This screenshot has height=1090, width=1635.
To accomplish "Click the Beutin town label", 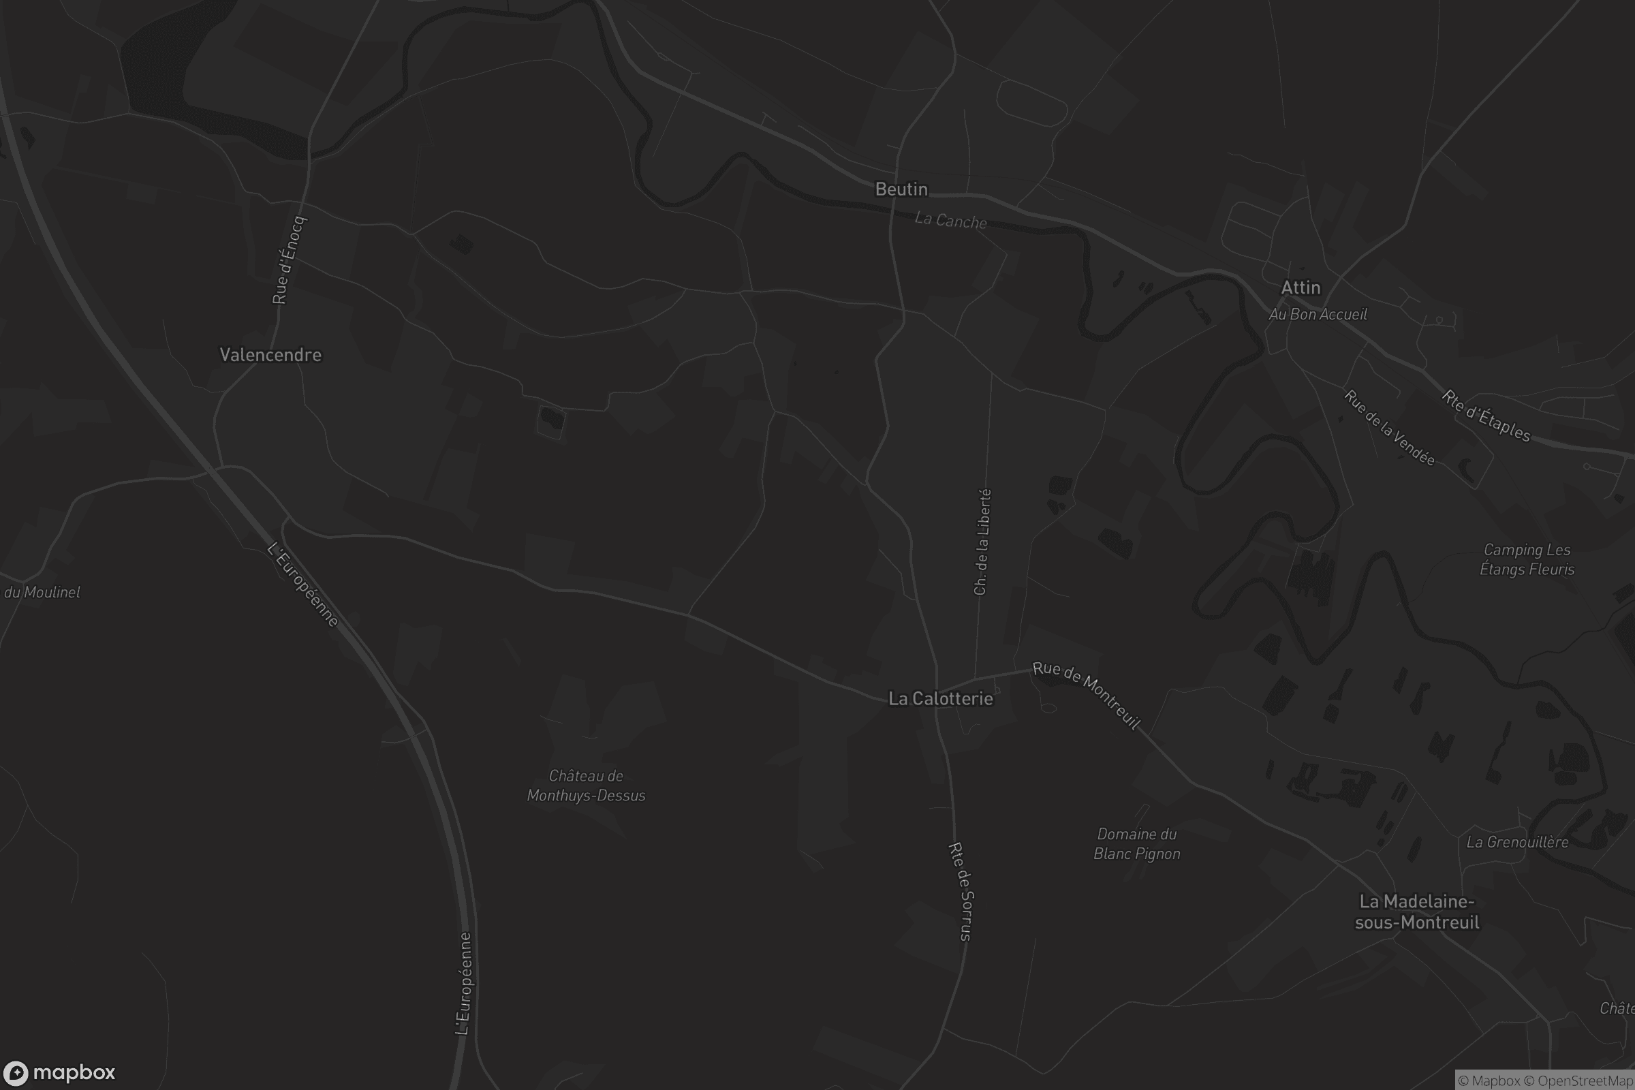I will click(901, 189).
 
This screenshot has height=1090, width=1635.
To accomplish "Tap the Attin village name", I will click(1300, 287).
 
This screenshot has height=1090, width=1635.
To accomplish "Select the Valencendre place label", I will click(270, 355).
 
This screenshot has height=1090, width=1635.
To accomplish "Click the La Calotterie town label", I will click(941, 699).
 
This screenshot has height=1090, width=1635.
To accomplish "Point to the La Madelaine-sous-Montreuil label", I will click(1417, 912).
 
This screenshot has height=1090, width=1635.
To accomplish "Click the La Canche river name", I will click(950, 220).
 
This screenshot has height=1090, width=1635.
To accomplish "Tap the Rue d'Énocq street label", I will click(288, 261).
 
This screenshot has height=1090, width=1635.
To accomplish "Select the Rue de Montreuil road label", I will click(1086, 694).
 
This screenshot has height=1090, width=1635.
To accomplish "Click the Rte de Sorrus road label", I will click(960, 891).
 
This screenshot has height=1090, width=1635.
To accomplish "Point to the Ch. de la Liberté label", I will click(982, 542).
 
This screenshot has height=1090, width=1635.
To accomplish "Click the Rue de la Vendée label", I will click(1389, 428).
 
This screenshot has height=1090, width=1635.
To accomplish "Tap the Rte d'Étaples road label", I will click(1486, 416).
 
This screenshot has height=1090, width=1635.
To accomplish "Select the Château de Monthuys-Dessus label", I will click(586, 785).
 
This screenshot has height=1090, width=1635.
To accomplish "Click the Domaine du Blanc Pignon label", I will click(1136, 844).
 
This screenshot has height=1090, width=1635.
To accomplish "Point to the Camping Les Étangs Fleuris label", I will click(1527, 559).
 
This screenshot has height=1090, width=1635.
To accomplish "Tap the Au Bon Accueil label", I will click(1318, 315).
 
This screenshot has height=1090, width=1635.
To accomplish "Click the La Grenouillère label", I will click(1517, 843).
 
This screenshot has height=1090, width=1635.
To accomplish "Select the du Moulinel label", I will click(42, 592).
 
